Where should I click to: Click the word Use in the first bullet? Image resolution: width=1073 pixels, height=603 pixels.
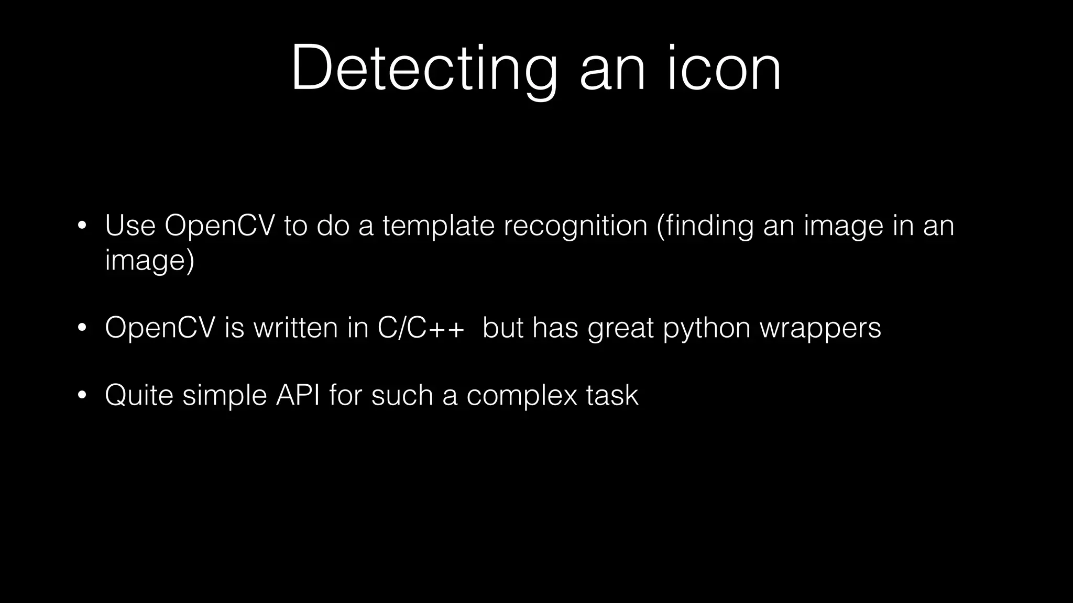130,226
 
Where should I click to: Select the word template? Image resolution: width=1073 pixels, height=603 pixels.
439,226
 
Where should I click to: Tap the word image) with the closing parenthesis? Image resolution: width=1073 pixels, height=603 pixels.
149,260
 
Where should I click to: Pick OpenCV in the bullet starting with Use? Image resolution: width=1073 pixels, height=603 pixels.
220,226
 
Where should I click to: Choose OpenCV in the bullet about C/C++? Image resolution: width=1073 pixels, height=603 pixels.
160,328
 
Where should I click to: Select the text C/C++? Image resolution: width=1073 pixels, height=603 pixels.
420,328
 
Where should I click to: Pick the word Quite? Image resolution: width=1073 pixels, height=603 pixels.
139,395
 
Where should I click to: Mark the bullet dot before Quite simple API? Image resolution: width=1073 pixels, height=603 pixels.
81,396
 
